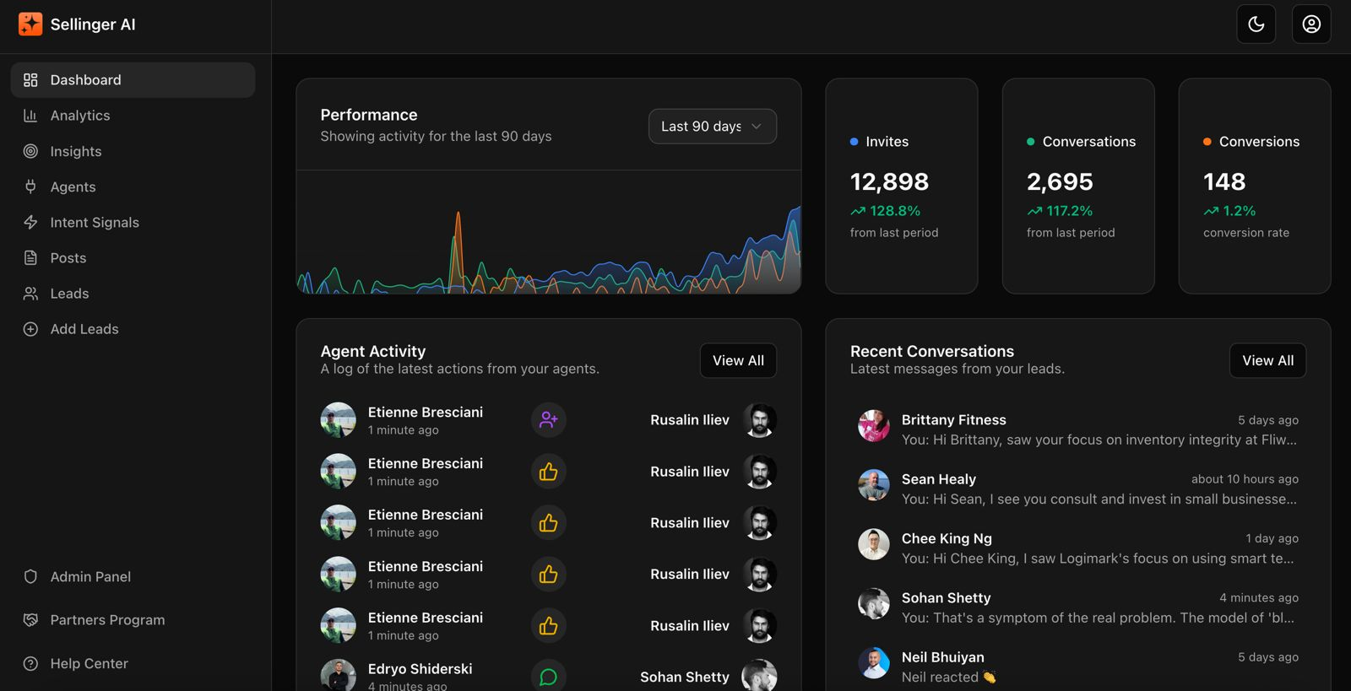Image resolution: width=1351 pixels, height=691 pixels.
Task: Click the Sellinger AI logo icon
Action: (30, 24)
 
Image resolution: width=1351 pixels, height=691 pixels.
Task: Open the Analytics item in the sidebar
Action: (80, 116)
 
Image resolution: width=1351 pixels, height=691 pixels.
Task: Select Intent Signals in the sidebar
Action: (95, 223)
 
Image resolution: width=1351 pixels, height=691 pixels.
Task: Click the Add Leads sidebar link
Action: (84, 329)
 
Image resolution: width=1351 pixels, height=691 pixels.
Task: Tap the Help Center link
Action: (89, 664)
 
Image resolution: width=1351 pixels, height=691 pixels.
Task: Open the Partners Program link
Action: (107, 620)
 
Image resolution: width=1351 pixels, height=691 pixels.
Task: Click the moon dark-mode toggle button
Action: (1256, 24)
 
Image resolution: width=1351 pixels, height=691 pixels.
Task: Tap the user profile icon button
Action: (1310, 24)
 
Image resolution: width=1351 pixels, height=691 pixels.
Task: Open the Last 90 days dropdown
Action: (712, 127)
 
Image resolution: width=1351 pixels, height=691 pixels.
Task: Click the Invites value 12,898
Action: (889, 182)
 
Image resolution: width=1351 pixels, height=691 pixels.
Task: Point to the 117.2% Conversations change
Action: (1069, 211)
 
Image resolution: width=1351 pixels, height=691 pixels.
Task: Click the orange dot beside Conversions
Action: (1207, 142)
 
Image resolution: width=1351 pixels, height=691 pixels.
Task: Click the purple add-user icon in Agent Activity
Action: (548, 420)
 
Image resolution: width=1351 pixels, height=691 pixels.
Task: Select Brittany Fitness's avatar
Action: (873, 426)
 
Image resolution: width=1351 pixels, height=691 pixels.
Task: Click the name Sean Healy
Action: (938, 479)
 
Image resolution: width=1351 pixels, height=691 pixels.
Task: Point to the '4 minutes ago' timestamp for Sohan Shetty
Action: (1258, 598)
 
